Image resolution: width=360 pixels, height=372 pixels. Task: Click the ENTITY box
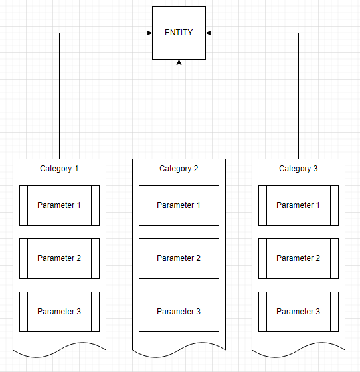click(x=179, y=33)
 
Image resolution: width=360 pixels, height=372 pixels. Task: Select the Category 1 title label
click(x=59, y=169)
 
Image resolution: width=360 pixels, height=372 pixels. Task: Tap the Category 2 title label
click(x=179, y=169)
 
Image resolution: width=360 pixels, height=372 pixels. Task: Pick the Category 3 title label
click(x=298, y=169)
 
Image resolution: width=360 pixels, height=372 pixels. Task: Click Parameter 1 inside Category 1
click(x=59, y=205)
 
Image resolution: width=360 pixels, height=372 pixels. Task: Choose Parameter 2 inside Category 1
click(x=59, y=258)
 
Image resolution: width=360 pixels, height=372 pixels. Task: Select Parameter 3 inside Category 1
click(x=59, y=312)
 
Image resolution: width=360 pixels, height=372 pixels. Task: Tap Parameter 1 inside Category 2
click(x=179, y=205)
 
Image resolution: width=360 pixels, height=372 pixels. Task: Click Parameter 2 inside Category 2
click(x=179, y=258)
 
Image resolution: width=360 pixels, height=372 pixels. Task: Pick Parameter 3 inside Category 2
click(x=179, y=312)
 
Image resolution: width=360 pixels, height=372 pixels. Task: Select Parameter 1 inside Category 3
click(x=298, y=205)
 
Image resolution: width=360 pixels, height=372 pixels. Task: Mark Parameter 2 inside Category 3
click(x=298, y=258)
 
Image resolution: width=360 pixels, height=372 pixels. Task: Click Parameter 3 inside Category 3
click(x=298, y=312)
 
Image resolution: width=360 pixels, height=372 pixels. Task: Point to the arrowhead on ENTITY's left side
click(x=149, y=33)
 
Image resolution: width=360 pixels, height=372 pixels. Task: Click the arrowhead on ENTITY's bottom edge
click(x=179, y=63)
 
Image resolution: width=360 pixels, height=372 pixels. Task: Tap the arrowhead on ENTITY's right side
click(x=209, y=33)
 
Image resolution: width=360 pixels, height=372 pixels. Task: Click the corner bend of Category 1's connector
click(x=60, y=33)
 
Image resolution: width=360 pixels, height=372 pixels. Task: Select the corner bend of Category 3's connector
click(x=298, y=33)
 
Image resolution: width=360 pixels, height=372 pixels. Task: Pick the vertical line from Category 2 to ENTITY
click(x=179, y=113)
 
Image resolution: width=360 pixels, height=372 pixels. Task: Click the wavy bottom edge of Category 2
click(x=179, y=350)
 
